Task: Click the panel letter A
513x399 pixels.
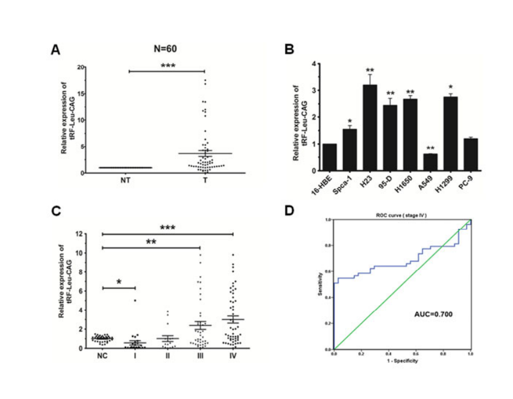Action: point(55,50)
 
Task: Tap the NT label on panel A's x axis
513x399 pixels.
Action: point(125,180)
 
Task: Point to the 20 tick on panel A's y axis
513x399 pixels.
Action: point(80,66)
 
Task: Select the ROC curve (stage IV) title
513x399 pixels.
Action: point(402,216)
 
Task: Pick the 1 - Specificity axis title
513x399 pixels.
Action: point(401,361)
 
